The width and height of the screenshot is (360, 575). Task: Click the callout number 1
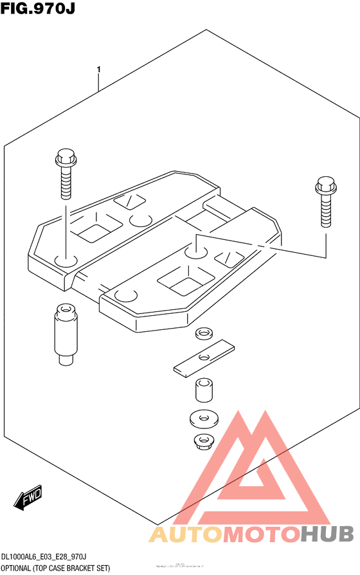click(98, 69)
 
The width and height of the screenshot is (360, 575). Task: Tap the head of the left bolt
click(65, 158)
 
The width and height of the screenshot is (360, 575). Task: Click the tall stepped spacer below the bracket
click(64, 335)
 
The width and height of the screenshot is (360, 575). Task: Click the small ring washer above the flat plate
click(204, 334)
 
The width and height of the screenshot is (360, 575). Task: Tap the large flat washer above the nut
click(204, 419)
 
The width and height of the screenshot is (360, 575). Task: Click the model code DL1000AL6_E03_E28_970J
click(44, 556)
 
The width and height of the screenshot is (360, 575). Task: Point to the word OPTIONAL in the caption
click(19, 568)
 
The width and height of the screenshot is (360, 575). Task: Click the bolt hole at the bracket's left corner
click(65, 260)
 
